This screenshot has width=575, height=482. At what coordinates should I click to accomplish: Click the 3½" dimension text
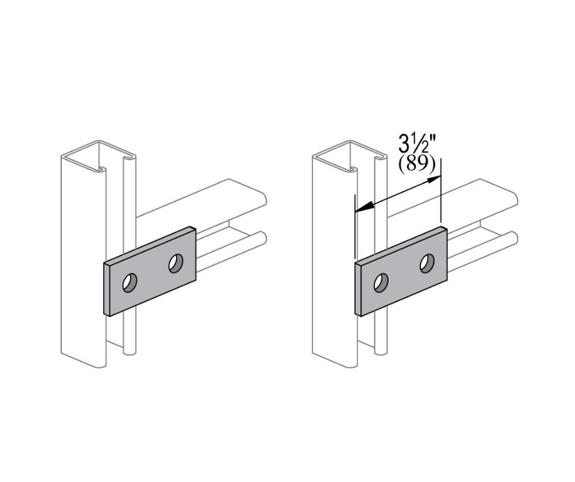(418, 146)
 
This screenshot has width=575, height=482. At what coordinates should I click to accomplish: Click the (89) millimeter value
(417, 165)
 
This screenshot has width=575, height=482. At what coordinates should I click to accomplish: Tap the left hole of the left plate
(130, 283)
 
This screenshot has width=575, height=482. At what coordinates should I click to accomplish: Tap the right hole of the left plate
(176, 263)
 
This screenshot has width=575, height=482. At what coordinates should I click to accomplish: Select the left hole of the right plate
(381, 283)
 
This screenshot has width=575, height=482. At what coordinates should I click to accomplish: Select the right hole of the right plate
(427, 263)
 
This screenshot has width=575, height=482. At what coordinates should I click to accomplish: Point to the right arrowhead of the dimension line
(436, 179)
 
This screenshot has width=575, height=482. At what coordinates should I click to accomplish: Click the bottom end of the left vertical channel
(83, 361)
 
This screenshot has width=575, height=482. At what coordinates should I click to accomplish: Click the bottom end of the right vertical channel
(334, 361)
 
